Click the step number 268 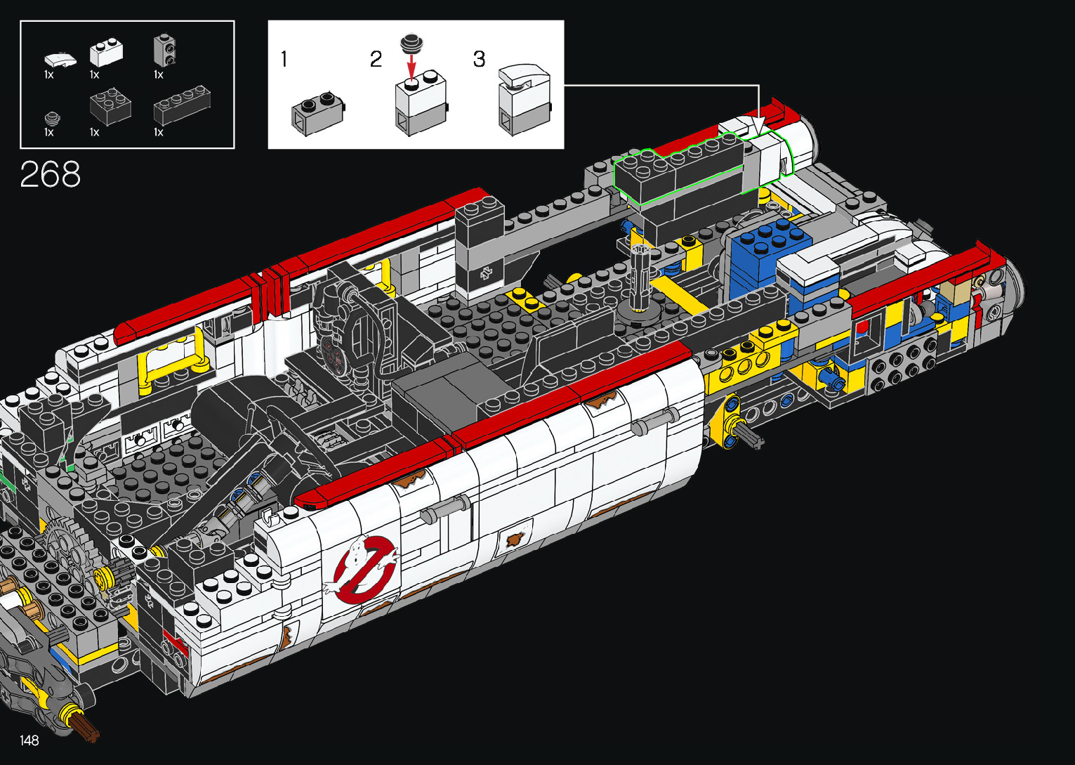tap(51, 174)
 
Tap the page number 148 tap(29, 740)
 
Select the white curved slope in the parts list tap(60, 60)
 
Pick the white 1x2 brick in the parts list tap(106, 53)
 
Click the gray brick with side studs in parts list tap(164, 50)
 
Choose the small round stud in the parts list tap(52, 119)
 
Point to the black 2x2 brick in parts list tap(110, 106)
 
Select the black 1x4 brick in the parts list tap(182, 105)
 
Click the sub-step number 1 tap(284, 59)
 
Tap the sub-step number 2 tap(376, 59)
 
